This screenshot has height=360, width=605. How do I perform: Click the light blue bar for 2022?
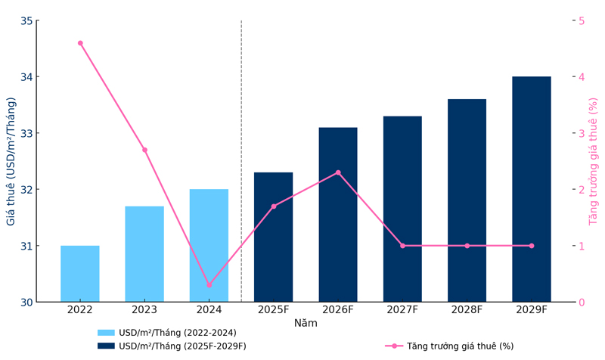80,274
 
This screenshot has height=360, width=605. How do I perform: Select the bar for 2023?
144,254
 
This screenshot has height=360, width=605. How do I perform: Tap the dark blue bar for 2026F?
338,215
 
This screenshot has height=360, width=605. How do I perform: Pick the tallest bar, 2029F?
531,189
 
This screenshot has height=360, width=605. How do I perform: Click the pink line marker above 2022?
80,43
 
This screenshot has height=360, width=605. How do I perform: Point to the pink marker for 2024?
209,285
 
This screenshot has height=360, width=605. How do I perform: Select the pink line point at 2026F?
338,172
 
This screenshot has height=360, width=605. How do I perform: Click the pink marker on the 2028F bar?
467,246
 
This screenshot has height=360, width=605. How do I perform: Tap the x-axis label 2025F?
273,310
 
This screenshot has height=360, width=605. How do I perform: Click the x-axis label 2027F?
402,310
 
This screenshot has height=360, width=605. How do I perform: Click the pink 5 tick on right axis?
581,20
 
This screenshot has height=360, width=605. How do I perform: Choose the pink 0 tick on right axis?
581,303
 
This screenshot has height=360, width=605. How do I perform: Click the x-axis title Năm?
306,324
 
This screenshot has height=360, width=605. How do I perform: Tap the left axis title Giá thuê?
11,161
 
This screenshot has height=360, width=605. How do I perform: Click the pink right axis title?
594,161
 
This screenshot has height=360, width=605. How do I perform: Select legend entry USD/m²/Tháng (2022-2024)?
177,333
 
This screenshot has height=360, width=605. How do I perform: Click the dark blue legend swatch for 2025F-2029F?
106,346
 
